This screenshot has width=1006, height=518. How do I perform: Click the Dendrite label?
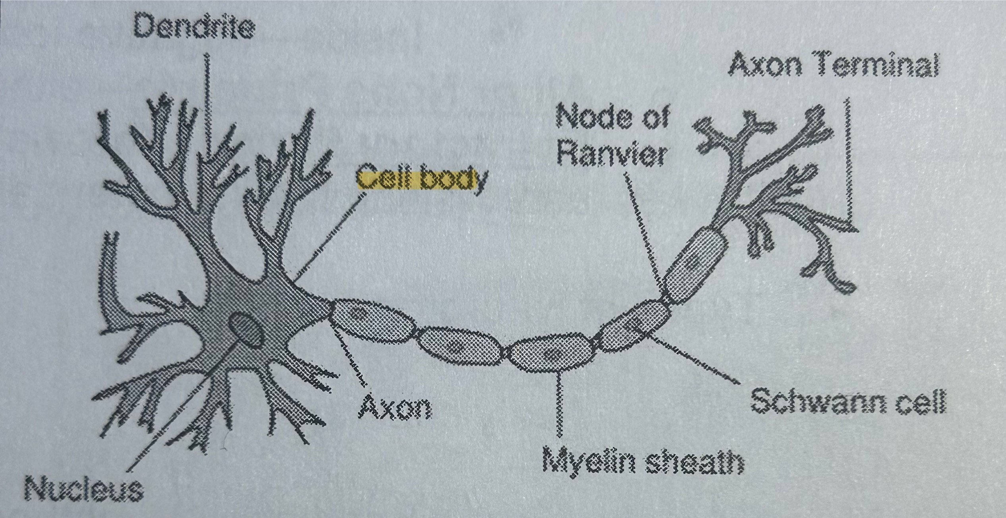pyautogui.click(x=194, y=28)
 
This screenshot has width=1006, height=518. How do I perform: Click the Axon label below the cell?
pyautogui.click(x=395, y=407)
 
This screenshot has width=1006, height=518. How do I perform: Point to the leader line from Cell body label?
pyautogui.click(x=330, y=234)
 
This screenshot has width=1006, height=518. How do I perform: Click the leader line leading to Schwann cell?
pyautogui.click(x=695, y=359)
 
